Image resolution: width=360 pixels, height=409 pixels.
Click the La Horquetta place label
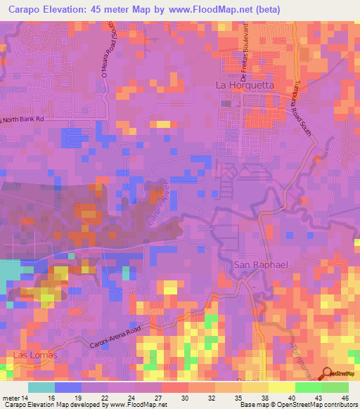[243, 85]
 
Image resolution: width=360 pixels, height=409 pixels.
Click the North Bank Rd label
[23, 119]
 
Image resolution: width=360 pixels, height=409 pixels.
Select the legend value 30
[185, 397]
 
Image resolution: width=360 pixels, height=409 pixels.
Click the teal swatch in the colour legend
[41, 387]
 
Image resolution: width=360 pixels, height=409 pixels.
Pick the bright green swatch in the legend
[308, 387]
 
